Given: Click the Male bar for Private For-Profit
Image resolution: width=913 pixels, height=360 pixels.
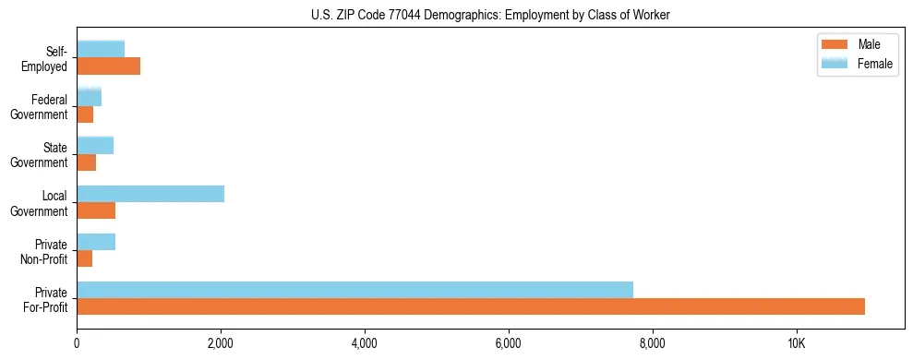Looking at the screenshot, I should pos(471,306).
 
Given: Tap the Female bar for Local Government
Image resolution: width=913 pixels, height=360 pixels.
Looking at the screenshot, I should pos(150,193).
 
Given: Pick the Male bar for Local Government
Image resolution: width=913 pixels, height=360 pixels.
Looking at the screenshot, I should pos(96,210).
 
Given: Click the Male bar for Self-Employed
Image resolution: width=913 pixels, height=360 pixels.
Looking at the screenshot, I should pos(108,66).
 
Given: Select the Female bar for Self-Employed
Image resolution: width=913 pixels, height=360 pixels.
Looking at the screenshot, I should pos(101,49).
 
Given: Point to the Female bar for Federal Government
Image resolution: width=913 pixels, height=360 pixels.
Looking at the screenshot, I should pos(89,97).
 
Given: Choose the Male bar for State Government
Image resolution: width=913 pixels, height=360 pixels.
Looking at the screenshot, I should pos(87,162).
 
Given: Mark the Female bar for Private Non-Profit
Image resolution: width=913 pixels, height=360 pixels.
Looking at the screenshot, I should pos(96,242).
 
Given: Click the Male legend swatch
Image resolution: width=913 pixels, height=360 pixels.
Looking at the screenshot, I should pos(835,45).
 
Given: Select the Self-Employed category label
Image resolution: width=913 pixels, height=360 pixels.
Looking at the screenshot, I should pos(45,59).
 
